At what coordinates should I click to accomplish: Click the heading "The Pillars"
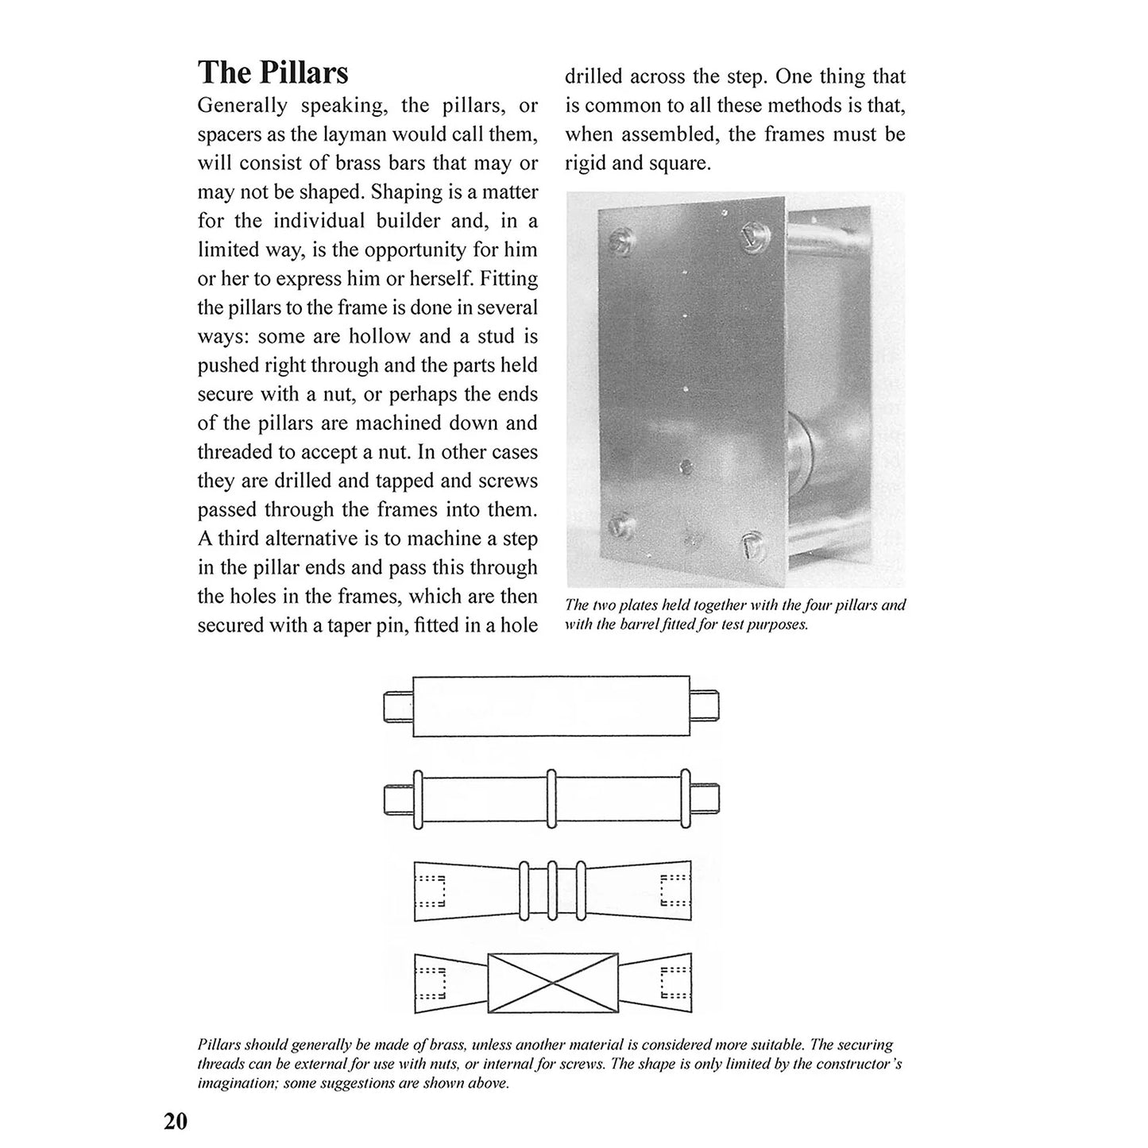(x=273, y=72)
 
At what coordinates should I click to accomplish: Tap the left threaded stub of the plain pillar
(x=398, y=704)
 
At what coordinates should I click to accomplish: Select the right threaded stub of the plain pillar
(x=705, y=704)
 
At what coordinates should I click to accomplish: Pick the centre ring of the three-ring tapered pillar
(x=552, y=891)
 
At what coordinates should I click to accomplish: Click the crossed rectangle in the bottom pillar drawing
(x=552, y=984)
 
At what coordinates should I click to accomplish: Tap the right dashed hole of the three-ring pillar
(x=674, y=891)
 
